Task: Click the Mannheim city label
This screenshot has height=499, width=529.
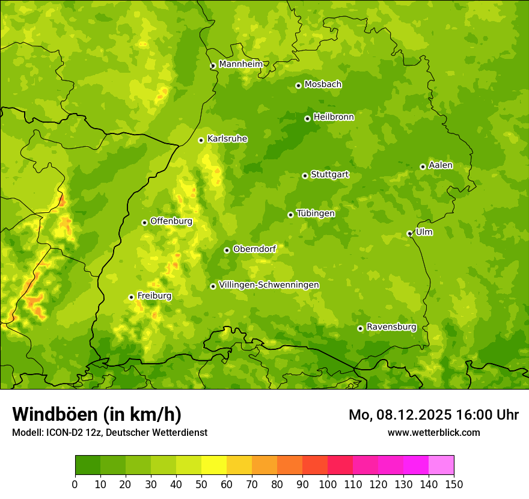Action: (240, 64)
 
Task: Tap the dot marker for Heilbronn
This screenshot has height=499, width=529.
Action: (307, 118)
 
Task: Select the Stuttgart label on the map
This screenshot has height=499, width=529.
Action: (329, 175)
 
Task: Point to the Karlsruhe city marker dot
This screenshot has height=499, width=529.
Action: (201, 140)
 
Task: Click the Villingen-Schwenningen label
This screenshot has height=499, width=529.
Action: (269, 285)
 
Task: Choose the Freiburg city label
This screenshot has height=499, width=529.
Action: (154, 296)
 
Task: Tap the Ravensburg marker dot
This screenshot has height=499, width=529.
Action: (360, 328)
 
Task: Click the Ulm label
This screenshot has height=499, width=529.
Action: (424, 232)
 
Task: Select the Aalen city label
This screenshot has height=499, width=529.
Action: (441, 165)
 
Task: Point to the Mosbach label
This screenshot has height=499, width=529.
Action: (323, 85)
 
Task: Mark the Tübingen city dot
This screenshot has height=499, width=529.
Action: (290, 215)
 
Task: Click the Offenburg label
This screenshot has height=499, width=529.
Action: (171, 221)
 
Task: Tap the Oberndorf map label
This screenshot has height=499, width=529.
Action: (254, 249)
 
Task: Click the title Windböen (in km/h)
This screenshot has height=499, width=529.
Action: (97, 414)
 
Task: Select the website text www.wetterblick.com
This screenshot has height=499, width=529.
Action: (433, 432)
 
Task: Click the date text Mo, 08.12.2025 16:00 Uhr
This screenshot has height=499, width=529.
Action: (433, 415)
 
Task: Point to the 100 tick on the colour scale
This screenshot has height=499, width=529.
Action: (328, 485)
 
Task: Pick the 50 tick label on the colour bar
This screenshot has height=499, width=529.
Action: (201, 485)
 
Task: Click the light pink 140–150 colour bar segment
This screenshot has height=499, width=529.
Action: (441, 465)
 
